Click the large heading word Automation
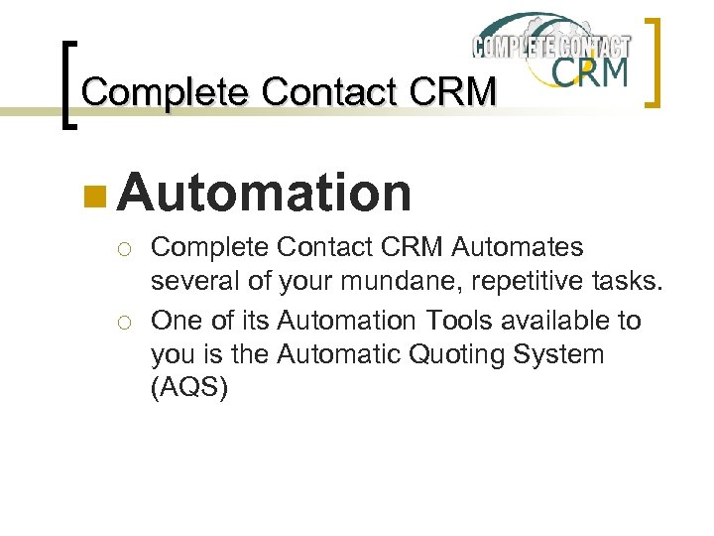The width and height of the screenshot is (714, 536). coord(264,192)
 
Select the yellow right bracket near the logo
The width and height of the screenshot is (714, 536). coord(655,62)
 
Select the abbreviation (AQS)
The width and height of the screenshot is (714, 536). coord(188,388)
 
